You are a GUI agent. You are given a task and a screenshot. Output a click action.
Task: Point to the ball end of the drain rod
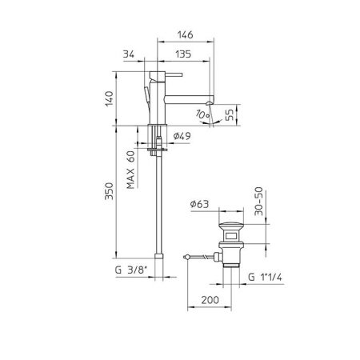(x=186, y=256)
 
